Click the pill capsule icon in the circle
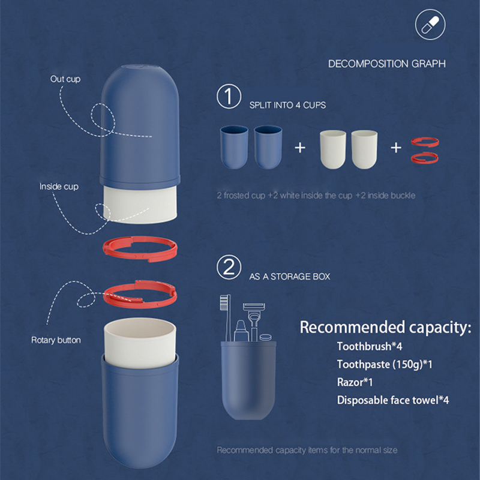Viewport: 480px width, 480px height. (430, 25)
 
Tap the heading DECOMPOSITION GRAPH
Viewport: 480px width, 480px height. (386, 64)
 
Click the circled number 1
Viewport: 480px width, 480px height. (229, 96)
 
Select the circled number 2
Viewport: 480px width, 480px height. (229, 267)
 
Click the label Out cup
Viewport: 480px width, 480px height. (65, 79)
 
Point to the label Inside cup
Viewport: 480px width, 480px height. (59, 187)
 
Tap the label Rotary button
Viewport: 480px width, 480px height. (56, 340)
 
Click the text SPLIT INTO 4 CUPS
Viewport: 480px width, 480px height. (287, 105)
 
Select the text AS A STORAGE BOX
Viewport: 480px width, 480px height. (290, 277)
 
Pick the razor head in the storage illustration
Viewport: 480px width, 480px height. (254, 307)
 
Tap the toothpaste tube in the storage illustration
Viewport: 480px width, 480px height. (241, 331)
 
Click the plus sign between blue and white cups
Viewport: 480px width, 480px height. (300, 148)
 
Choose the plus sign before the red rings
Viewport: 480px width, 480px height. (396, 148)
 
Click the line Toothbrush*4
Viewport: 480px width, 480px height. (370, 346)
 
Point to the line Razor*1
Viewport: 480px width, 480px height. (355, 382)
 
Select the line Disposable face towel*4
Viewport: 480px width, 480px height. (393, 400)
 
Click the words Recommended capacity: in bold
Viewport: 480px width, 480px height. (385, 327)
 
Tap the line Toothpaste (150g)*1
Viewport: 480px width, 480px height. (385, 364)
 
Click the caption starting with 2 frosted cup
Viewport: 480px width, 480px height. (316, 196)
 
